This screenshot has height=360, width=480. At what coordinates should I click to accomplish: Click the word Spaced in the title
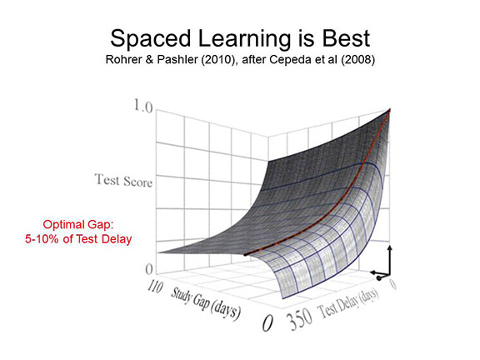[150, 39]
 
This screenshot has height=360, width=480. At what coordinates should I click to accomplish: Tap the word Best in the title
[346, 38]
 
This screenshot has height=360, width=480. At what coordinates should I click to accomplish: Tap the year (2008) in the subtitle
[358, 60]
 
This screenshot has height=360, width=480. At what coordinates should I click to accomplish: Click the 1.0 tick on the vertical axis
[143, 107]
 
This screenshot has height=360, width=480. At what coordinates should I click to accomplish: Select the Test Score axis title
[123, 180]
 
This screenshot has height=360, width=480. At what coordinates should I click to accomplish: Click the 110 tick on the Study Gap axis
[156, 287]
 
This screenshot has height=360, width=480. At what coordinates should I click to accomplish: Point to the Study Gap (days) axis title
[205, 302]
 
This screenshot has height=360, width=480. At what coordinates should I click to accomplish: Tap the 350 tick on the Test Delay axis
[301, 320]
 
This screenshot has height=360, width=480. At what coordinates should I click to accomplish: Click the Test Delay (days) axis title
[349, 302]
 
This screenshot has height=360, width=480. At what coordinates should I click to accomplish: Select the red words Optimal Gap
[78, 225]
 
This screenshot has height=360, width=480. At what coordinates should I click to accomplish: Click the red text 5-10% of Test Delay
[78, 239]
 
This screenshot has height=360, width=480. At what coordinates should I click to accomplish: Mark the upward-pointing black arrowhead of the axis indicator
[390, 247]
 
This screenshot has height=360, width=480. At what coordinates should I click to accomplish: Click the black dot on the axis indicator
[379, 278]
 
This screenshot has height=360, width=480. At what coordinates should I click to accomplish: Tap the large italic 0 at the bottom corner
[267, 323]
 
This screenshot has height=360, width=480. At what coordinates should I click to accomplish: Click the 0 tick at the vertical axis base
[149, 269]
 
